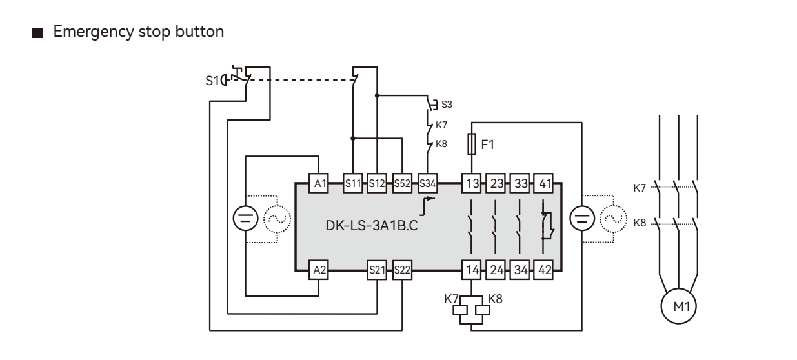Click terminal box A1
319,183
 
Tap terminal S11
353,183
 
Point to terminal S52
403,183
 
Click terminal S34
427,183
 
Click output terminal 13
471,183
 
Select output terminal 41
545,183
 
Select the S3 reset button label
445,104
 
